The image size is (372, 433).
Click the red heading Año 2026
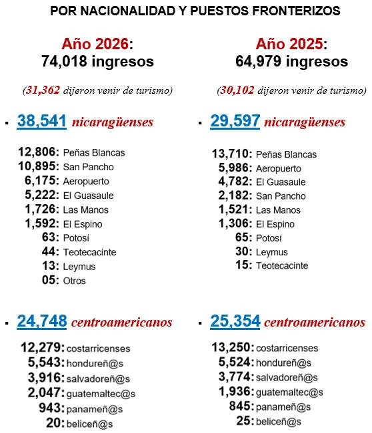(95, 44)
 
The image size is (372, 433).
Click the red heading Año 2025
(289, 44)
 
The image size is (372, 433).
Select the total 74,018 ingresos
(97, 62)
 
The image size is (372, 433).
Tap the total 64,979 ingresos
(291, 62)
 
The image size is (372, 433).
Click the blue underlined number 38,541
(41, 122)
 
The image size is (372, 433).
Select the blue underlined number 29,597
(235, 122)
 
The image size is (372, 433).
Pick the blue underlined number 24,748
(41, 323)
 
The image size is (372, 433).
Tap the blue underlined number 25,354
(235, 323)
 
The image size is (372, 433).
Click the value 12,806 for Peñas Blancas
(39, 152)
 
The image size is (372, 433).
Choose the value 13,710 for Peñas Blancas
(232, 154)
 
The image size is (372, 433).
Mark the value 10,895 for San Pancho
(39, 166)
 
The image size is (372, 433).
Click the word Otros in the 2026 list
(75, 281)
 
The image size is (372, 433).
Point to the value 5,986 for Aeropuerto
(235, 168)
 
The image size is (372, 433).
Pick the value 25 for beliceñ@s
(244, 420)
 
